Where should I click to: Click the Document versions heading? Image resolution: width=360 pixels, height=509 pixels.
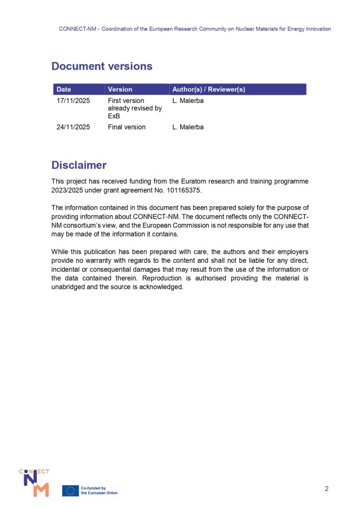[102, 66]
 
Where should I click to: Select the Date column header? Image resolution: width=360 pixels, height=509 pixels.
[64, 89]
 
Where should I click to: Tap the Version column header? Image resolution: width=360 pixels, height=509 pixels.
[120, 89]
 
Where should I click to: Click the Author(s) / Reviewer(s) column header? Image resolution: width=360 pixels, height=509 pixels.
[208, 89]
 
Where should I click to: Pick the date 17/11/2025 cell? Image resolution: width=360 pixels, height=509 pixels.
[73, 101]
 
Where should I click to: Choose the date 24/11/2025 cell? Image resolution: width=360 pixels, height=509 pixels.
[73, 127]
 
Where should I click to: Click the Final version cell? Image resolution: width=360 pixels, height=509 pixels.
[127, 127]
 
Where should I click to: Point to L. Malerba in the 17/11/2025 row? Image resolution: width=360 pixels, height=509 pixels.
[188, 101]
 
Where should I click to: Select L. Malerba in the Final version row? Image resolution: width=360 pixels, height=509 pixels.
[188, 127]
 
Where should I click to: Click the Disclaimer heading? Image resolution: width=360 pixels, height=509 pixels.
[79, 165]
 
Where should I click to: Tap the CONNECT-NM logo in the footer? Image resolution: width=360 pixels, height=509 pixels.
[34, 482]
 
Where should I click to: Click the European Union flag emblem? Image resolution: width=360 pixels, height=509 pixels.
[70, 491]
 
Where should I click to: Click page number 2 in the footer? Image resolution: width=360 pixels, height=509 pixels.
[327, 489]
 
